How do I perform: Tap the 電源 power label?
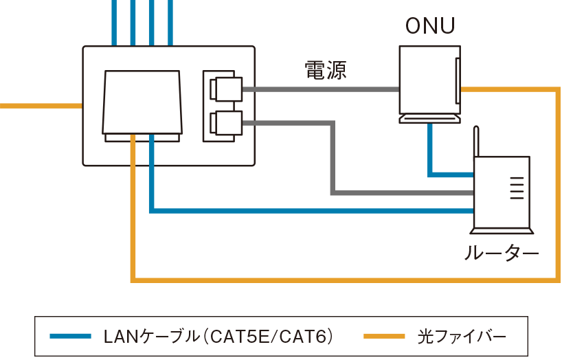click(x=325, y=71)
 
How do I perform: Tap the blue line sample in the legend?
click(x=71, y=337)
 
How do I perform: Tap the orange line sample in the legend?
click(x=383, y=337)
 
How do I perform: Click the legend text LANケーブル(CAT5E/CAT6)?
click(x=218, y=337)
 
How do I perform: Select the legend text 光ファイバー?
click(x=462, y=337)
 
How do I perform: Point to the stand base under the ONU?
click(x=429, y=120)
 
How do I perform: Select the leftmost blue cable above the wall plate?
click(x=114, y=21)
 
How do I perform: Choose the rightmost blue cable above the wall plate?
click(x=170, y=21)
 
